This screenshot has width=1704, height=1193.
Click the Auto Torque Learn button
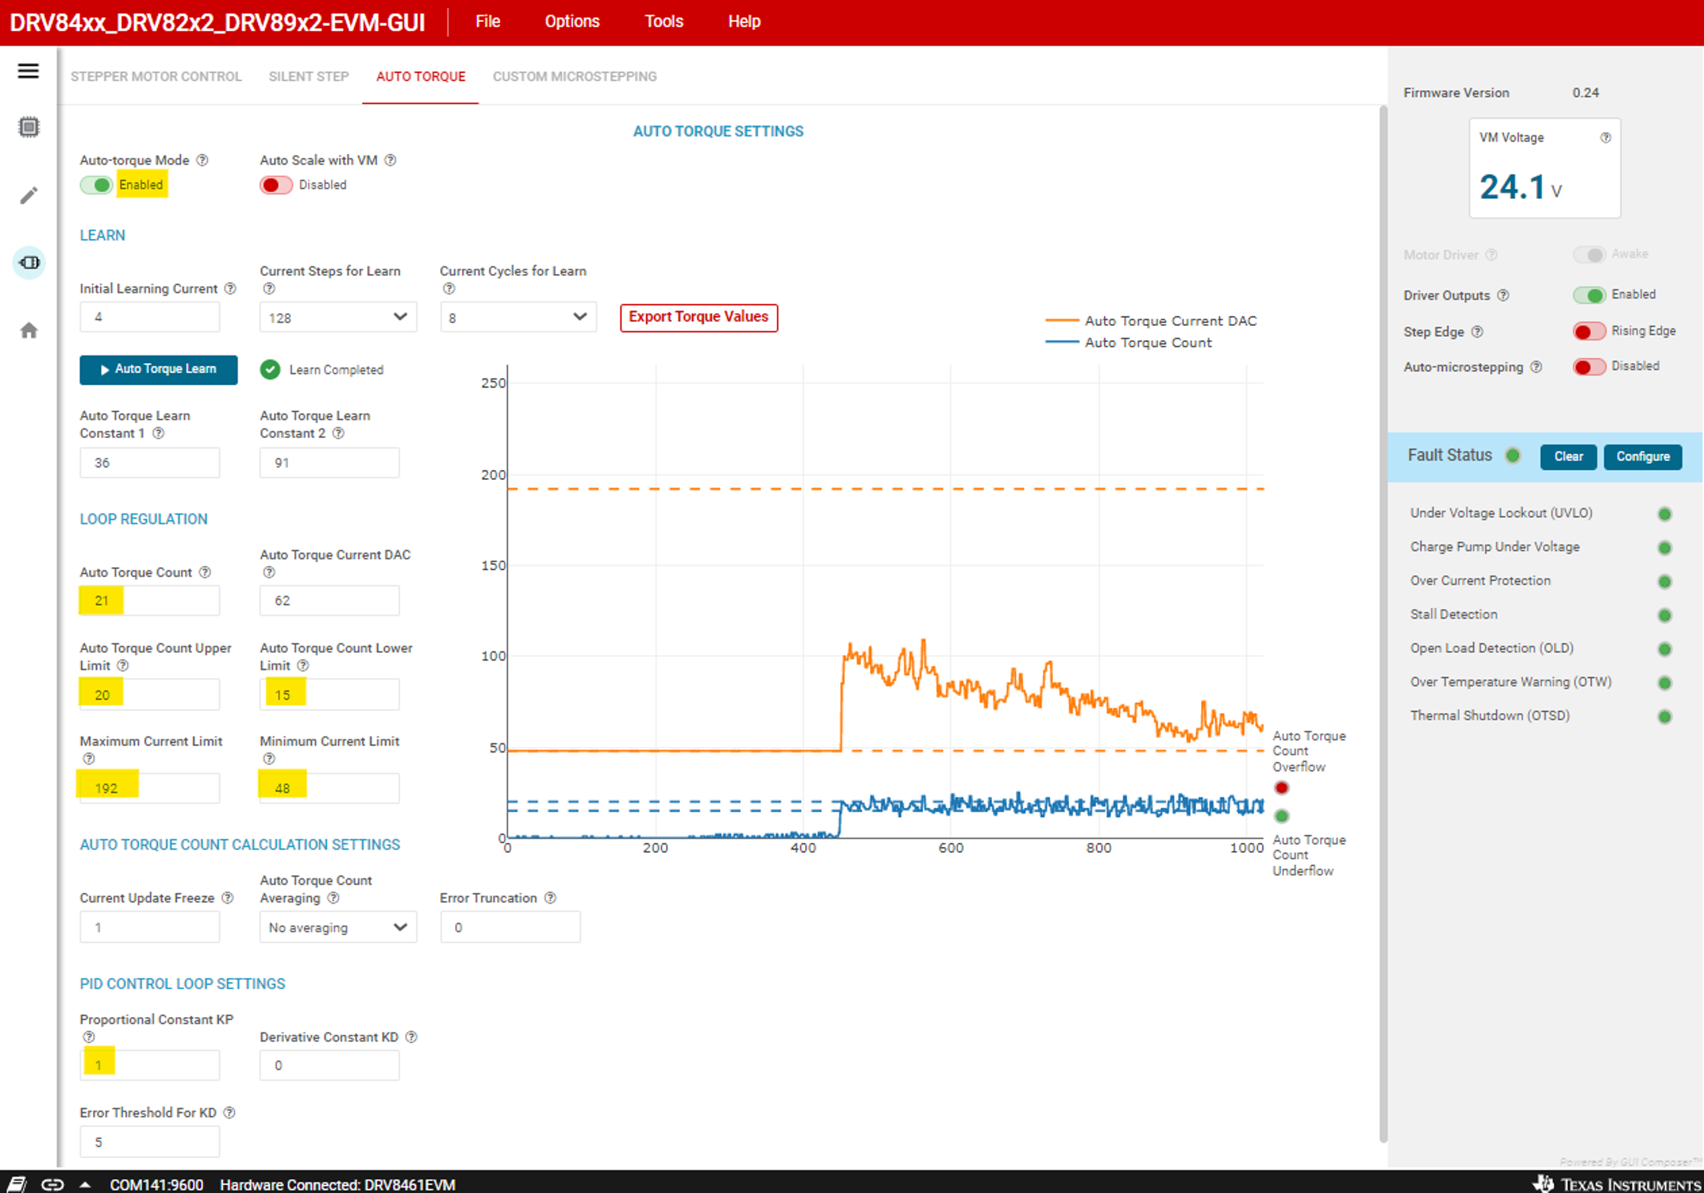pyautogui.click(x=158, y=370)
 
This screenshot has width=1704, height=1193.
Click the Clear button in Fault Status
pyautogui.click(x=1567, y=457)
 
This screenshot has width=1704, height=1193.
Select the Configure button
pyautogui.click(x=1642, y=457)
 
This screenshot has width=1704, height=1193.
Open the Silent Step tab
pyautogui.click(x=309, y=76)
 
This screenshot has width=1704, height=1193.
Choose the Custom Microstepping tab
pyautogui.click(x=575, y=76)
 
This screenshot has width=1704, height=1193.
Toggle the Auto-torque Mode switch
pyautogui.click(x=96, y=185)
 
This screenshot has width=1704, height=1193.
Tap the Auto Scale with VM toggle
pyautogui.click(x=275, y=185)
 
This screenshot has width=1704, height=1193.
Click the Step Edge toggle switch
pyautogui.click(x=1588, y=331)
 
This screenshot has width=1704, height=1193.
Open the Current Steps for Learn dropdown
pyautogui.click(x=338, y=317)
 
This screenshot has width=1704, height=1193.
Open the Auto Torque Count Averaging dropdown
pyautogui.click(x=338, y=927)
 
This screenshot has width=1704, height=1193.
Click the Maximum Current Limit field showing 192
pyautogui.click(x=149, y=788)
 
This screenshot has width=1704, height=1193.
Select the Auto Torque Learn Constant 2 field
pyautogui.click(x=329, y=463)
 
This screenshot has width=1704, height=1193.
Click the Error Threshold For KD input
pyautogui.click(x=149, y=1143)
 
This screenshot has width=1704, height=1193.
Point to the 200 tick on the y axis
pyautogui.click(x=494, y=475)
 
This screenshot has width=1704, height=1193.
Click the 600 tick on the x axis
pyautogui.click(x=950, y=848)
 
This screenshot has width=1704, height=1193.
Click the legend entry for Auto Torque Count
pyautogui.click(x=1147, y=343)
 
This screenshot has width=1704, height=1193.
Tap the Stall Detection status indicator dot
pyautogui.click(x=1664, y=615)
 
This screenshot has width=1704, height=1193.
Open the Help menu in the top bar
pyautogui.click(x=743, y=21)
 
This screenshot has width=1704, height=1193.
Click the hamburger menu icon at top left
pyautogui.click(x=28, y=71)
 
